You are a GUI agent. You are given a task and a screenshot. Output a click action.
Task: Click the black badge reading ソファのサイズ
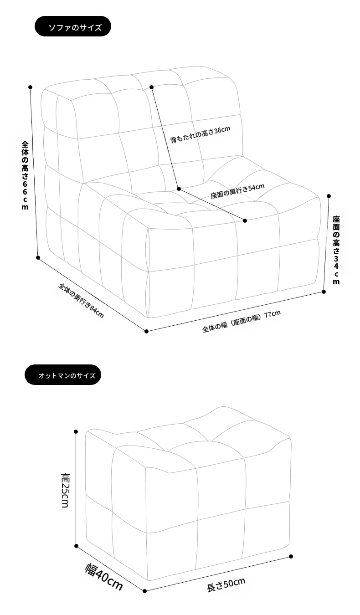[73, 26]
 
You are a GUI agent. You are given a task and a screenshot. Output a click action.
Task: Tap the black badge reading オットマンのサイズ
[63, 374]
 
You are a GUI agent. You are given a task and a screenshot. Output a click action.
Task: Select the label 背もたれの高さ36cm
[200, 134]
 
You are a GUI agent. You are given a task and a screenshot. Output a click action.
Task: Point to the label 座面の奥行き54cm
[237, 190]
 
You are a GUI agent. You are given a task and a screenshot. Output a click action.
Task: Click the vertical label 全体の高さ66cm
[25, 175]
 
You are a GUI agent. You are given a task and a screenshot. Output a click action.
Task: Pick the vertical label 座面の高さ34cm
[336, 250]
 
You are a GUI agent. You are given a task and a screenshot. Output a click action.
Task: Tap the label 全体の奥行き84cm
[81, 300]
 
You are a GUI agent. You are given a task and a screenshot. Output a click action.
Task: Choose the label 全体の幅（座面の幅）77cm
[242, 321]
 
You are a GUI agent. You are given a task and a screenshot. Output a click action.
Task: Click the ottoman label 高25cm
[65, 490]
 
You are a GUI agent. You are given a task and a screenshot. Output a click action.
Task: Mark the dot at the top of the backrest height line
[151, 87]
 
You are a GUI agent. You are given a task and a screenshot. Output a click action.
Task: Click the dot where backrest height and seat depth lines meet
[179, 189]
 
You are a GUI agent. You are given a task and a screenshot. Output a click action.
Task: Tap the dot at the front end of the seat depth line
[245, 220]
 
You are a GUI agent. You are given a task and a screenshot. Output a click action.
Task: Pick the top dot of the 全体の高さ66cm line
[31, 87]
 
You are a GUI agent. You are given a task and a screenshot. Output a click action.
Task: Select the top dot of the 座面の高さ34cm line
[329, 196]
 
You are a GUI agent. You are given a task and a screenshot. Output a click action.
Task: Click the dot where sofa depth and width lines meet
[146, 331]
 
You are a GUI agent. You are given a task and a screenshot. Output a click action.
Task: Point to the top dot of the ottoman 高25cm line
[76, 431]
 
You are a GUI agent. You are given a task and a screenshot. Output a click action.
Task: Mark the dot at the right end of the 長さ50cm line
[291, 557]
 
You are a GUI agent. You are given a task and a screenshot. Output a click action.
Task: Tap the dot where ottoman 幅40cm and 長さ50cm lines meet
[145, 591]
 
